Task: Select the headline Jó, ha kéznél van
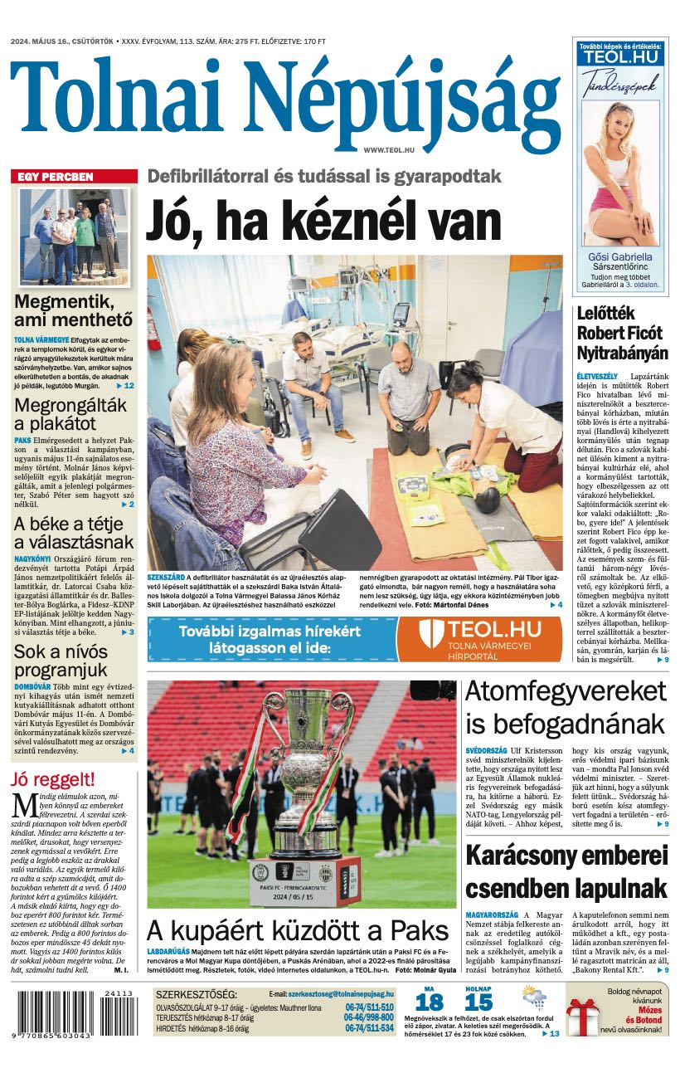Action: (323, 222)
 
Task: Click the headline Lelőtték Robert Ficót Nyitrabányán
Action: (622, 333)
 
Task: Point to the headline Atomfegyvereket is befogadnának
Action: (566, 706)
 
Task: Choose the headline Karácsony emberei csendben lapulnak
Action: (566, 871)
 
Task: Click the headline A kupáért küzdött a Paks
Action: (299, 929)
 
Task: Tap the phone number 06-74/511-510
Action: (369, 1007)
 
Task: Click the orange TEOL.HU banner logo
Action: (478, 640)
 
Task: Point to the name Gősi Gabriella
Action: (619, 256)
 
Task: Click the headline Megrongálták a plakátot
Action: (70, 414)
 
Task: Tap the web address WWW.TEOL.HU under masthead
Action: (388, 149)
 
